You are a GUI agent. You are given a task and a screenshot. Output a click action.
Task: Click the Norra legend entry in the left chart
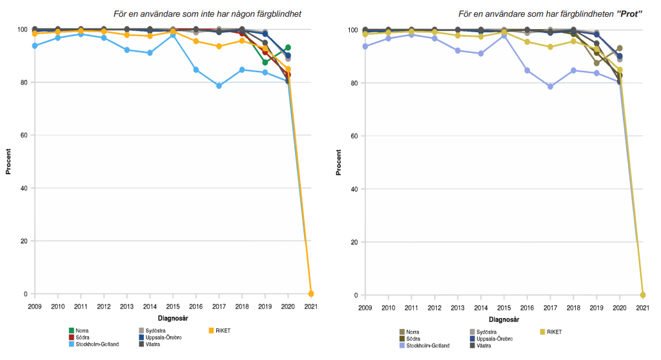[x=82, y=330]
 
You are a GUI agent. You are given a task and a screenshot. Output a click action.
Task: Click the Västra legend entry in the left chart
[x=152, y=344]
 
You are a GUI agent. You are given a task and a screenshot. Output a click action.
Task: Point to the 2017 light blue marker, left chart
[x=219, y=86]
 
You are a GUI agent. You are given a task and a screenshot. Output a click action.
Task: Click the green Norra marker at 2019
[x=265, y=62]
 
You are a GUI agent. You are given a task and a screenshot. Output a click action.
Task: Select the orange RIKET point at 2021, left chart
[x=311, y=294]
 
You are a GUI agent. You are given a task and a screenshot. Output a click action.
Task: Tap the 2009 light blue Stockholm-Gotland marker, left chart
[x=35, y=46]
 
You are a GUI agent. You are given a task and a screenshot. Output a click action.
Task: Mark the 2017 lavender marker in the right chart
[x=551, y=86]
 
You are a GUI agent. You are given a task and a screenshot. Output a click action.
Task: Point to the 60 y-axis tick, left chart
[x=27, y=135]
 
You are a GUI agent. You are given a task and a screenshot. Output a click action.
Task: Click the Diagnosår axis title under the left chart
[x=173, y=318]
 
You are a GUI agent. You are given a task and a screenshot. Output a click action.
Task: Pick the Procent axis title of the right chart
[x=339, y=163]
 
